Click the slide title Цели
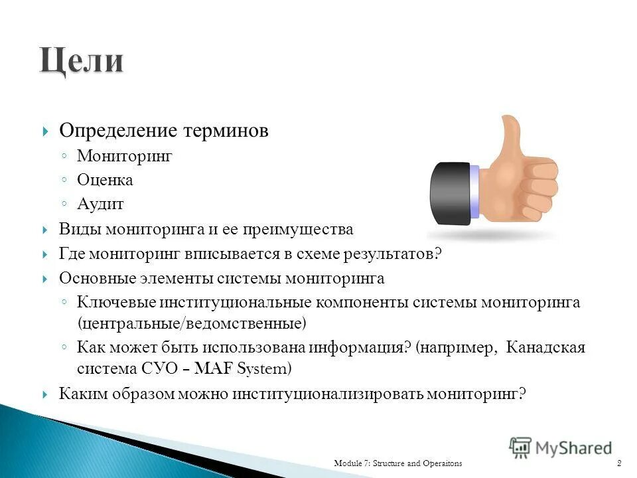tap(81, 62)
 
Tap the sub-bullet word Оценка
tap(105, 180)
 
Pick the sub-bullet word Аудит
tap(100, 204)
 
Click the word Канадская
tap(545, 348)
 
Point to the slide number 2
tap(618, 462)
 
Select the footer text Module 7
tap(354, 462)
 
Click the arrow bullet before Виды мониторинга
tap(44, 230)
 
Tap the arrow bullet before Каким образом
tap(44, 394)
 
